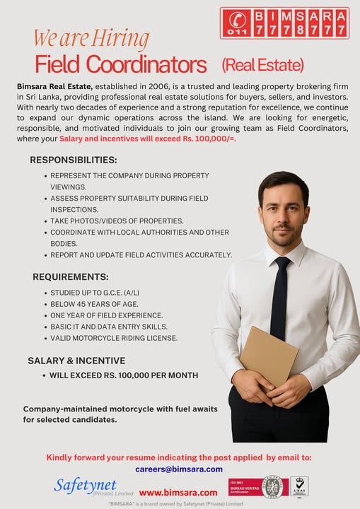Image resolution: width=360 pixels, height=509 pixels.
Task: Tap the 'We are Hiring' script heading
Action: pyautogui.click(x=91, y=37)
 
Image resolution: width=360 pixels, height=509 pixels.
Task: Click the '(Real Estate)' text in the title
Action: pyautogui.click(x=262, y=66)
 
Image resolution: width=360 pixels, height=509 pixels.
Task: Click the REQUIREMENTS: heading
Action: pyautogui.click(x=71, y=276)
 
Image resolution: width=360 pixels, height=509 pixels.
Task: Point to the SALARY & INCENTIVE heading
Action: pyautogui.click(x=76, y=361)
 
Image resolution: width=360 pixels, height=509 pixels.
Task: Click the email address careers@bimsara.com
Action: pyautogui.click(x=179, y=469)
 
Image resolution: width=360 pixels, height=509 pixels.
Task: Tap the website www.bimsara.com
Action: pyautogui.click(x=178, y=492)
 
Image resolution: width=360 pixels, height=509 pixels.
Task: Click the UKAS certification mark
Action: pyautogui.click(x=299, y=486)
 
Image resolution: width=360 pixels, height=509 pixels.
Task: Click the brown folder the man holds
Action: pyautogui.click(x=269, y=356)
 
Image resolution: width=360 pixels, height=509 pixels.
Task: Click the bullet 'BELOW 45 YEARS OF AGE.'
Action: pyautogui.click(x=94, y=303)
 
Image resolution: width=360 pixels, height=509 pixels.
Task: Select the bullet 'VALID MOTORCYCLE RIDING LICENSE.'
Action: pyautogui.click(x=114, y=338)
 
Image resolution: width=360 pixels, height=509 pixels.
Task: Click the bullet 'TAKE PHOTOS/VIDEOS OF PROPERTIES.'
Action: pyautogui.click(x=117, y=221)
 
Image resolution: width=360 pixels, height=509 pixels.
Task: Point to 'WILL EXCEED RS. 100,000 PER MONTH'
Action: pyautogui.click(x=123, y=375)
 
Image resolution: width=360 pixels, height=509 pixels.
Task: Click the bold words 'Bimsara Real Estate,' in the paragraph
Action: pyautogui.click(x=53, y=86)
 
